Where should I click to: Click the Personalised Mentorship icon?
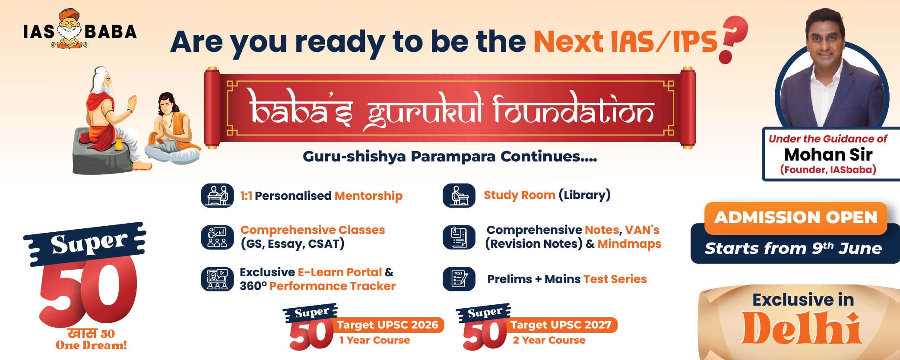coord(217,196)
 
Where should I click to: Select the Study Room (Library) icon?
coord(459,196)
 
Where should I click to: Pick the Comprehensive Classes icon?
coord(217,237)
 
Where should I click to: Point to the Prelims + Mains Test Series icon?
coord(459,279)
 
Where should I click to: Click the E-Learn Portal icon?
coord(217,279)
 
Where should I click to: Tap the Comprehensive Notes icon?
coord(459,237)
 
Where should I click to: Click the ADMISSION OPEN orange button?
coord(795,218)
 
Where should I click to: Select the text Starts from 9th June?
coord(793,248)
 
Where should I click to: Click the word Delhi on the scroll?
coord(802,328)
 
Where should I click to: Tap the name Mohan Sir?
coord(828,155)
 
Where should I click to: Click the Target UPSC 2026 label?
coord(387,325)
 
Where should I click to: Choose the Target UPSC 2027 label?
coord(561,325)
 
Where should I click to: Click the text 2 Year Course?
coord(549,340)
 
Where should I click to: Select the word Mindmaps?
coord(629,244)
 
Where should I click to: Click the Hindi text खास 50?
coord(91,334)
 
